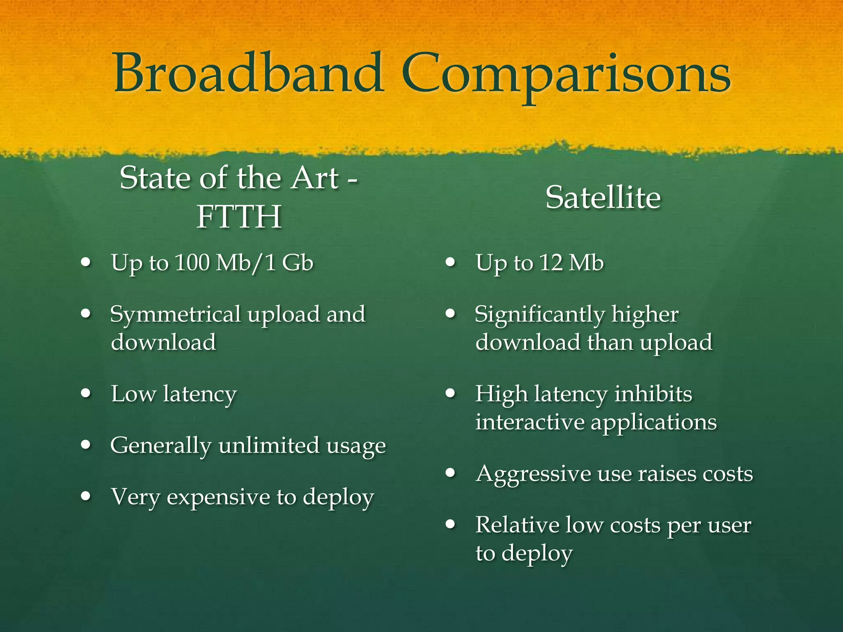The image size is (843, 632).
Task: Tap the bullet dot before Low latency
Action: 86,393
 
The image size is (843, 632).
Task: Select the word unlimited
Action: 269,446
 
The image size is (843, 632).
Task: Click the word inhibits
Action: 653,394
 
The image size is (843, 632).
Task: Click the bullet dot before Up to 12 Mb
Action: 451,262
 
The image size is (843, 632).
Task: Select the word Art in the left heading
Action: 315,178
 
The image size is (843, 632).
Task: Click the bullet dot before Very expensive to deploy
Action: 86,496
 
